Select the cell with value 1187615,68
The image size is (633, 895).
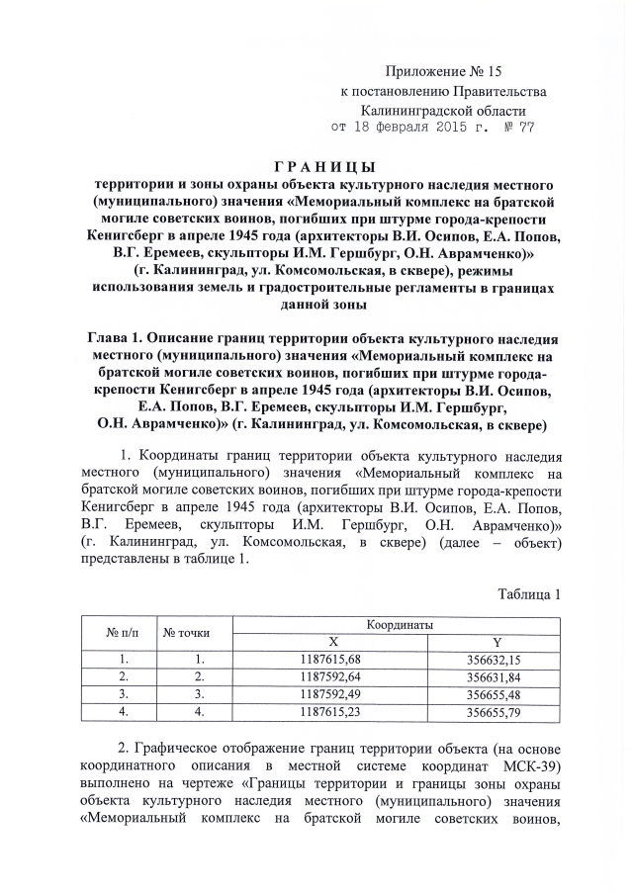click(330, 660)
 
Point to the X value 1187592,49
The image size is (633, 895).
click(330, 693)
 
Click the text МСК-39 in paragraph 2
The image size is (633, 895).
click(534, 765)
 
